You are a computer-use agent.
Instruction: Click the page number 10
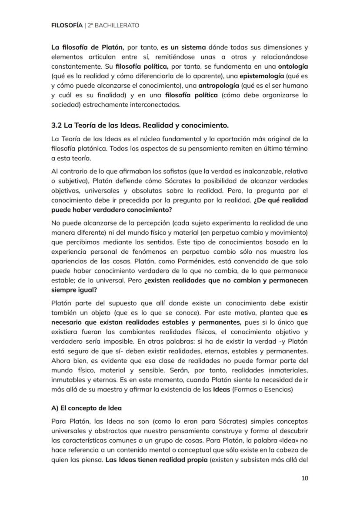tap(304, 478)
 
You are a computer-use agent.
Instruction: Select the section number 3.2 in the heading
tap(57, 126)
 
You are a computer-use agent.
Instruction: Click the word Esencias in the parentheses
tap(278, 390)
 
